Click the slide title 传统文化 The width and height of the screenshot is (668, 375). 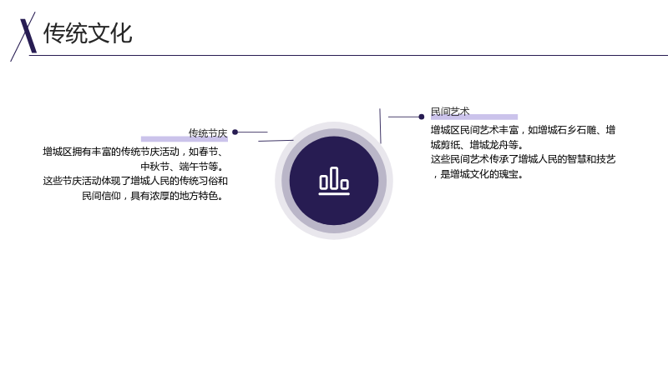click(88, 33)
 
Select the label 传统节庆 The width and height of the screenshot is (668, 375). click(208, 133)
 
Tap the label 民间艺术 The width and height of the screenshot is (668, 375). click(450, 112)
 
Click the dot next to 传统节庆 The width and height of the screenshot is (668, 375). click(235, 132)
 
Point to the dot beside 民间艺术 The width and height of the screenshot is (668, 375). click(422, 117)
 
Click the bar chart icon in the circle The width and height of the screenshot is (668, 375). click(334, 181)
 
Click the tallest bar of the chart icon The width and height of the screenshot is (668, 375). click(334, 177)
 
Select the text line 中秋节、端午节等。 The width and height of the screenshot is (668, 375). click(182, 166)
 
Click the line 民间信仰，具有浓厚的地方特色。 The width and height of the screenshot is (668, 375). click(153, 196)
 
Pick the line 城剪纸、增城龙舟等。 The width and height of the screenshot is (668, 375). click(477, 144)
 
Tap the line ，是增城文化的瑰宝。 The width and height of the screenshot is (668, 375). click(478, 174)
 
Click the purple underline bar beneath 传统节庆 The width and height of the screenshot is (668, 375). click(185, 139)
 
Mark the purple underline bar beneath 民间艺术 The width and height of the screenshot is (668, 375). click(474, 117)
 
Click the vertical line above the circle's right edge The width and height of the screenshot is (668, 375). click(381, 126)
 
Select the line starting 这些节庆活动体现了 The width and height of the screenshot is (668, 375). click(135, 181)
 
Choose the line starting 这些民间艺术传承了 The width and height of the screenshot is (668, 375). click(524, 159)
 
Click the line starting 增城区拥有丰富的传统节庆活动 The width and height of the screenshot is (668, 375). click(133, 152)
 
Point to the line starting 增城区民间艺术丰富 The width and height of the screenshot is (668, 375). click(524, 130)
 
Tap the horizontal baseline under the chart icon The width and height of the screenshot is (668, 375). click(334, 194)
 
